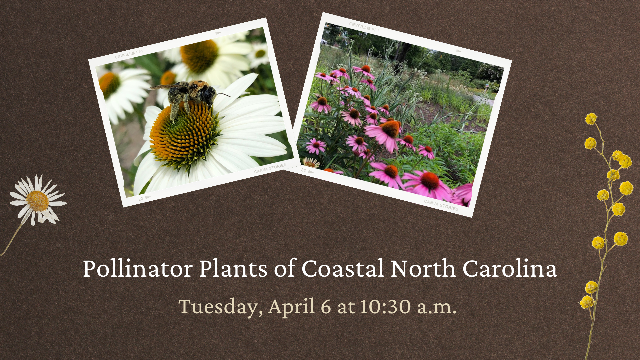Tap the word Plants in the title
tap(233, 269)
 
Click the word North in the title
tap(423, 269)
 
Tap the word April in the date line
tap(292, 307)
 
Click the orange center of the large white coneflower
tap(183, 135)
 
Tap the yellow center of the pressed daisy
tap(37, 201)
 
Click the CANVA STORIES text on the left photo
tap(270, 168)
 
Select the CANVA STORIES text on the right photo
tap(441, 205)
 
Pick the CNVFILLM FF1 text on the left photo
tap(129, 54)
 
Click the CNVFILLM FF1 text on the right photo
tap(364, 27)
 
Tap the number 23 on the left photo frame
tap(141, 199)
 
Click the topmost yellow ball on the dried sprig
tap(591, 119)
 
